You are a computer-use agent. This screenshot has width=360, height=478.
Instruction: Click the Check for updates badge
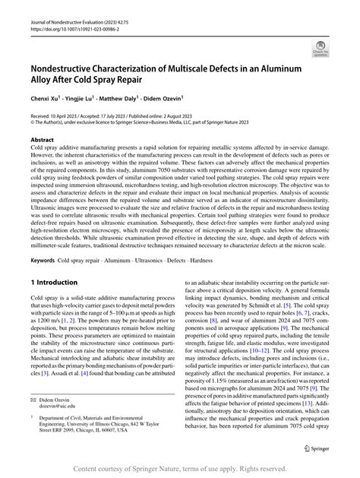tap(323, 51)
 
